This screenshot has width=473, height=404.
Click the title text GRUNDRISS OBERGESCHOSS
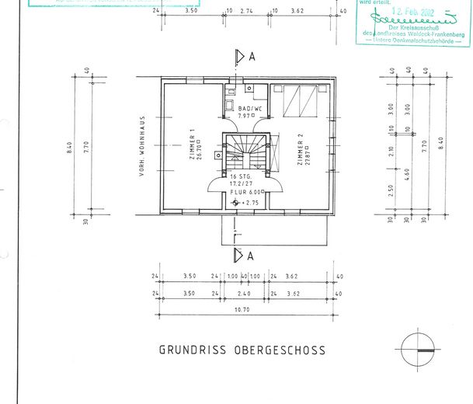[242, 350]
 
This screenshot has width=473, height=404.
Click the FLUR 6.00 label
[251, 191]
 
